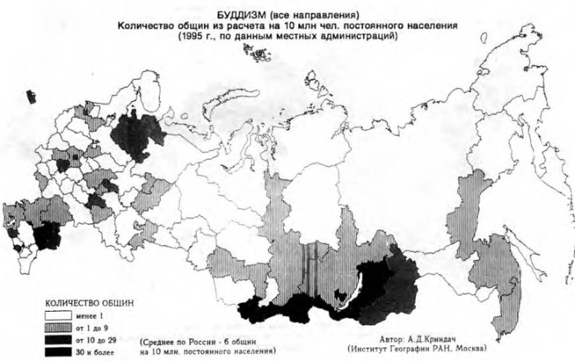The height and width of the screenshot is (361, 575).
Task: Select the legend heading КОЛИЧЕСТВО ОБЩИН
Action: click(x=89, y=302)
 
